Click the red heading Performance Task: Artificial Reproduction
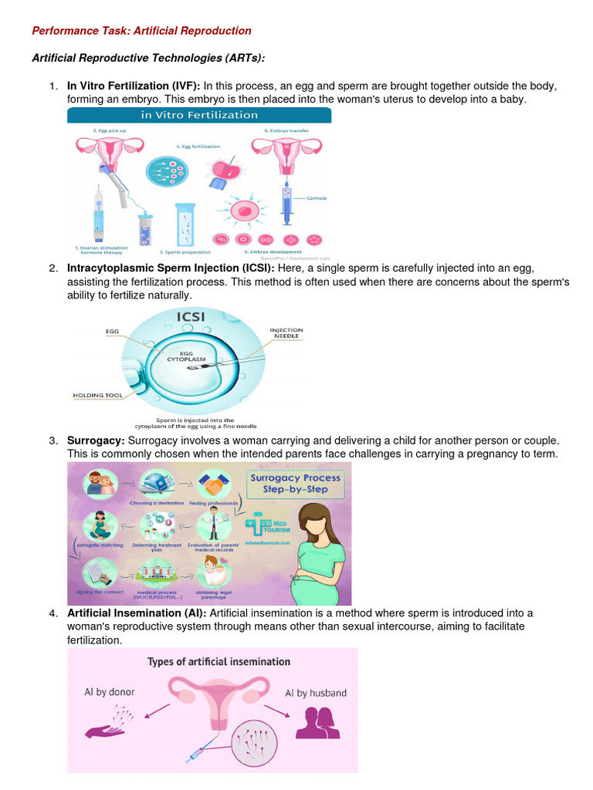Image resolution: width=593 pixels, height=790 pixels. pos(141,31)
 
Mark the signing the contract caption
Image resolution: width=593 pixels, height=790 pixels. pos(99,596)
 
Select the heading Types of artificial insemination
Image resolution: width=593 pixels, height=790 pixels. pos(219,662)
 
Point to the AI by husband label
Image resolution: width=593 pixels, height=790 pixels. pos(316,693)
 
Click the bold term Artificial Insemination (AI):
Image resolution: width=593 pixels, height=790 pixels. pos(137,613)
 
